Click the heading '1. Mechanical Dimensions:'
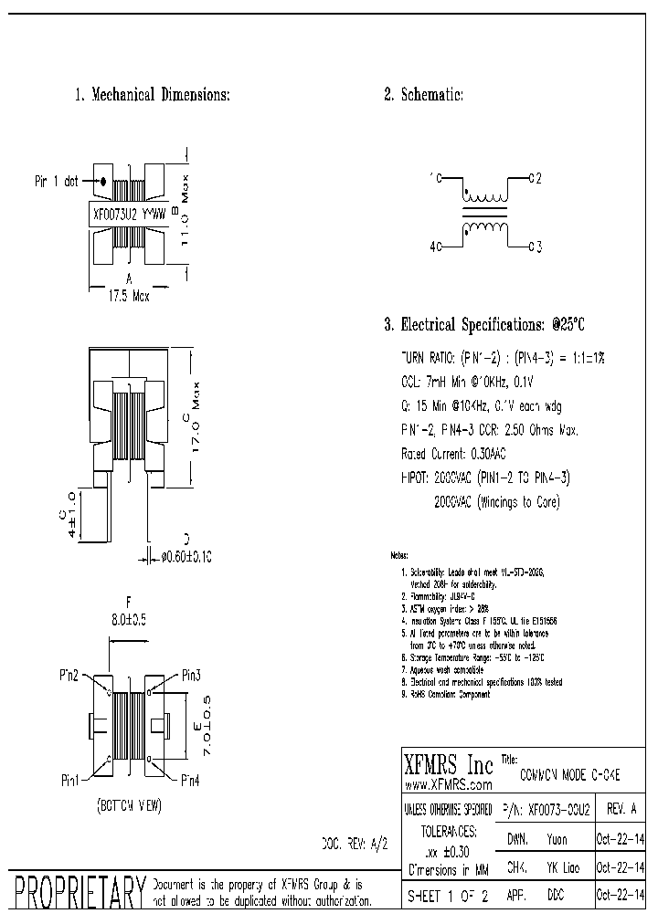coord(152,95)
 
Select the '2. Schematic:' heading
coord(423,95)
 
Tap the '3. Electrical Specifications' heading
coord(483,324)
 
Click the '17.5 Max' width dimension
coord(128,296)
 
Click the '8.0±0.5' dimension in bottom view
coord(129,617)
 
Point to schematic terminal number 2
coord(539,178)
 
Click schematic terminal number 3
coord(539,246)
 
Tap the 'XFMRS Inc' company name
coord(448,763)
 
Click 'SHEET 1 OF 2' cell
coord(448,897)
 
